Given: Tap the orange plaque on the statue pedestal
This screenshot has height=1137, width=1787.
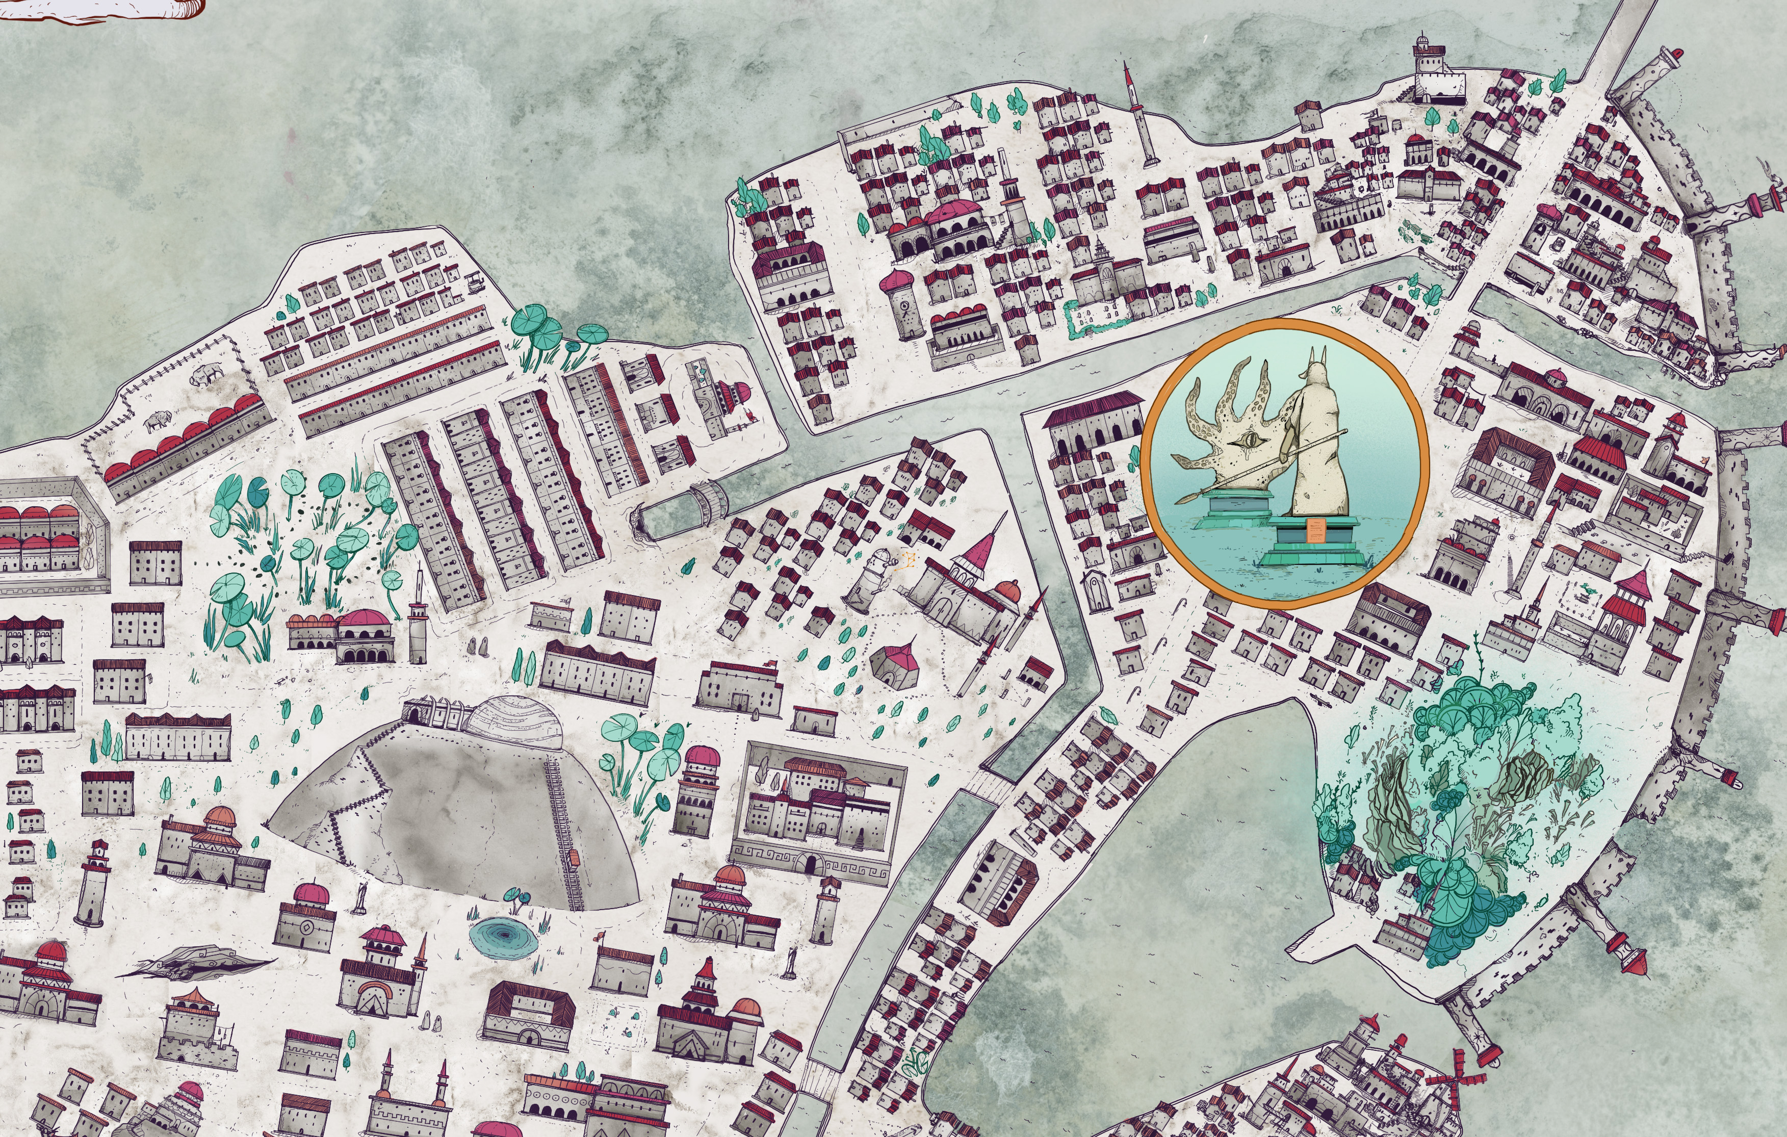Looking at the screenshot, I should (x=1314, y=530).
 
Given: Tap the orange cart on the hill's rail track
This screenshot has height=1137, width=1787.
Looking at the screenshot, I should (x=574, y=858).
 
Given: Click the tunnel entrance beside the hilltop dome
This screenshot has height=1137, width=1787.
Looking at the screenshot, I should (x=413, y=714).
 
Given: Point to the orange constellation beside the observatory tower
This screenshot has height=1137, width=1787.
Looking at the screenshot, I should (x=909, y=558).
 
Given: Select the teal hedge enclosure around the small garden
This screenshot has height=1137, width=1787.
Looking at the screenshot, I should (x=1098, y=319).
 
